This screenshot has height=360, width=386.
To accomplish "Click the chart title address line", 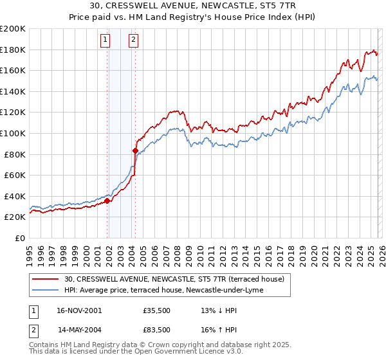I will pyautogui.click(x=193, y=6).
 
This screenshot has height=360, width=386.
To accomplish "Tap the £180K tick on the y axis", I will pyautogui.click(x=13, y=50).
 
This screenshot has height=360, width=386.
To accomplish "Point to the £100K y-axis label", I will pyautogui.click(x=13, y=133).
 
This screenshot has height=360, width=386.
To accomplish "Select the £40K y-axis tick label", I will pyautogui.click(x=15, y=196).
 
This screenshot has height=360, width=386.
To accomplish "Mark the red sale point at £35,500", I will pyautogui.click(x=107, y=201).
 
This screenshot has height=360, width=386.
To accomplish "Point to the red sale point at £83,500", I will pyautogui.click(x=135, y=150).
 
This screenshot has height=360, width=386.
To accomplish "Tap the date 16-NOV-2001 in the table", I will pyautogui.click(x=78, y=310).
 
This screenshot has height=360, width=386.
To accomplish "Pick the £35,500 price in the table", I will pyautogui.click(x=156, y=310).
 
